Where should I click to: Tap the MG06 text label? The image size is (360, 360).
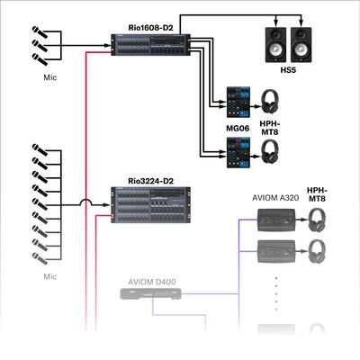pyautogui.click(x=239, y=128)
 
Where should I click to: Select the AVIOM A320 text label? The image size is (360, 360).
pyautogui.click(x=274, y=198)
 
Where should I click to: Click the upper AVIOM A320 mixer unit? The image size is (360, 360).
pyautogui.click(x=274, y=218)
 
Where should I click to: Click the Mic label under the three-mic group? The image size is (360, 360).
pyautogui.click(x=49, y=77)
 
